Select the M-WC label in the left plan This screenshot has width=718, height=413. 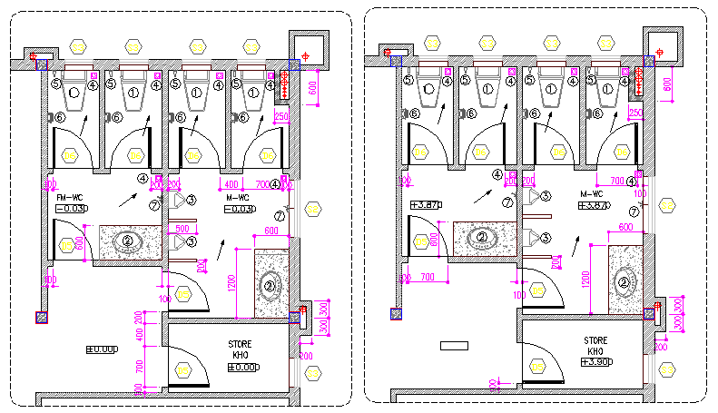238,197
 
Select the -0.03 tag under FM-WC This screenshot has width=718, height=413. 70,209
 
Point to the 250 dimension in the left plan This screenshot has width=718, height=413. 281,116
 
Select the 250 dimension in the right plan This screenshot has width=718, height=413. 635,113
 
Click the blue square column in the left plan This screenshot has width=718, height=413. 41,317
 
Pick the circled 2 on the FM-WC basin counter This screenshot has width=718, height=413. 128,241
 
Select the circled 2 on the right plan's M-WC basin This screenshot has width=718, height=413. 624,282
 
